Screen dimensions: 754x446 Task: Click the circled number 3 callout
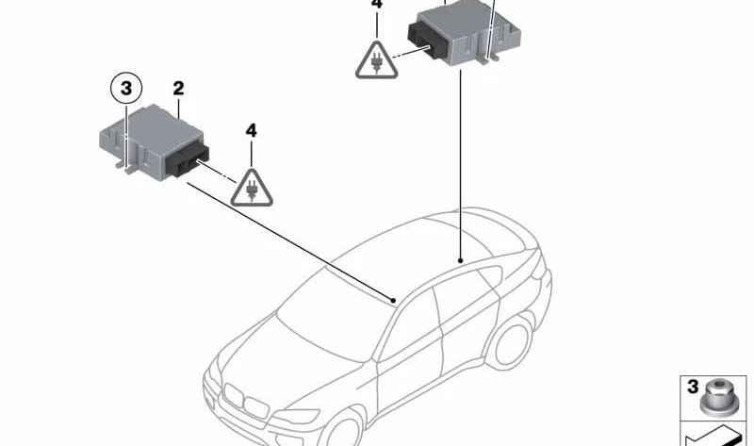126,89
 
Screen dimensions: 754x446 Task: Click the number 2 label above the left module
178,89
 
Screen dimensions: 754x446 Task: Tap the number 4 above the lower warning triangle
251,130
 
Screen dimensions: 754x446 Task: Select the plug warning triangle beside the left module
252,189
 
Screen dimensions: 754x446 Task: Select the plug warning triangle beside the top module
376,60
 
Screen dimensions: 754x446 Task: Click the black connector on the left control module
188,159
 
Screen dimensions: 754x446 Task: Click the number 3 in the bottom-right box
693,387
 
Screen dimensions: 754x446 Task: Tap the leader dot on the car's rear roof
460,261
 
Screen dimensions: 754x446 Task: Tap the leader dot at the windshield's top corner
394,301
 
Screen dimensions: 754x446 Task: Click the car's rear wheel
510,342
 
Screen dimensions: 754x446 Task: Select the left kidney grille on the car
234,395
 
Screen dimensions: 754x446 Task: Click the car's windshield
336,313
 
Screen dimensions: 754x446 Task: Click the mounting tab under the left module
130,169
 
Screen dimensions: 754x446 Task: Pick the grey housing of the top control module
468,30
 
